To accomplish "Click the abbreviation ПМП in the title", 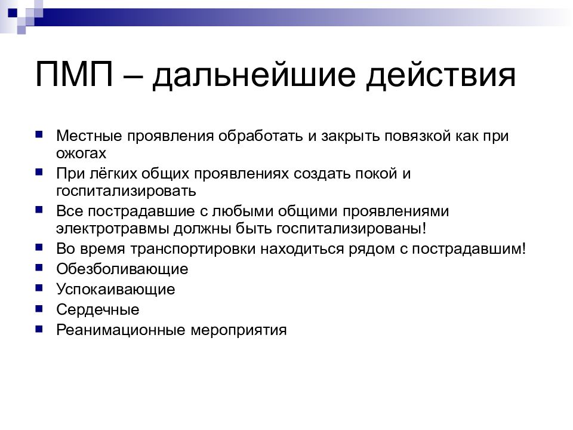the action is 74,74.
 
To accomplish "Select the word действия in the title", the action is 440,76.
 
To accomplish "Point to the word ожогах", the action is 81,153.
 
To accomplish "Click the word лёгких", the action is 113,174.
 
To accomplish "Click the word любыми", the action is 242,211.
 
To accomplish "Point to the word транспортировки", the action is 193,250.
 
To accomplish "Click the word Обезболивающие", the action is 122,269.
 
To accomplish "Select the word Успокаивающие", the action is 115,290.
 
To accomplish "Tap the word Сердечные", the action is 97,310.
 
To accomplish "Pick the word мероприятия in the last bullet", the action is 239,330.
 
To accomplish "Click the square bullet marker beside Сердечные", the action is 39,309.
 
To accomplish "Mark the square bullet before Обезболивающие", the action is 39,268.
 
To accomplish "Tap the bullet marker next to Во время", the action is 39,247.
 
